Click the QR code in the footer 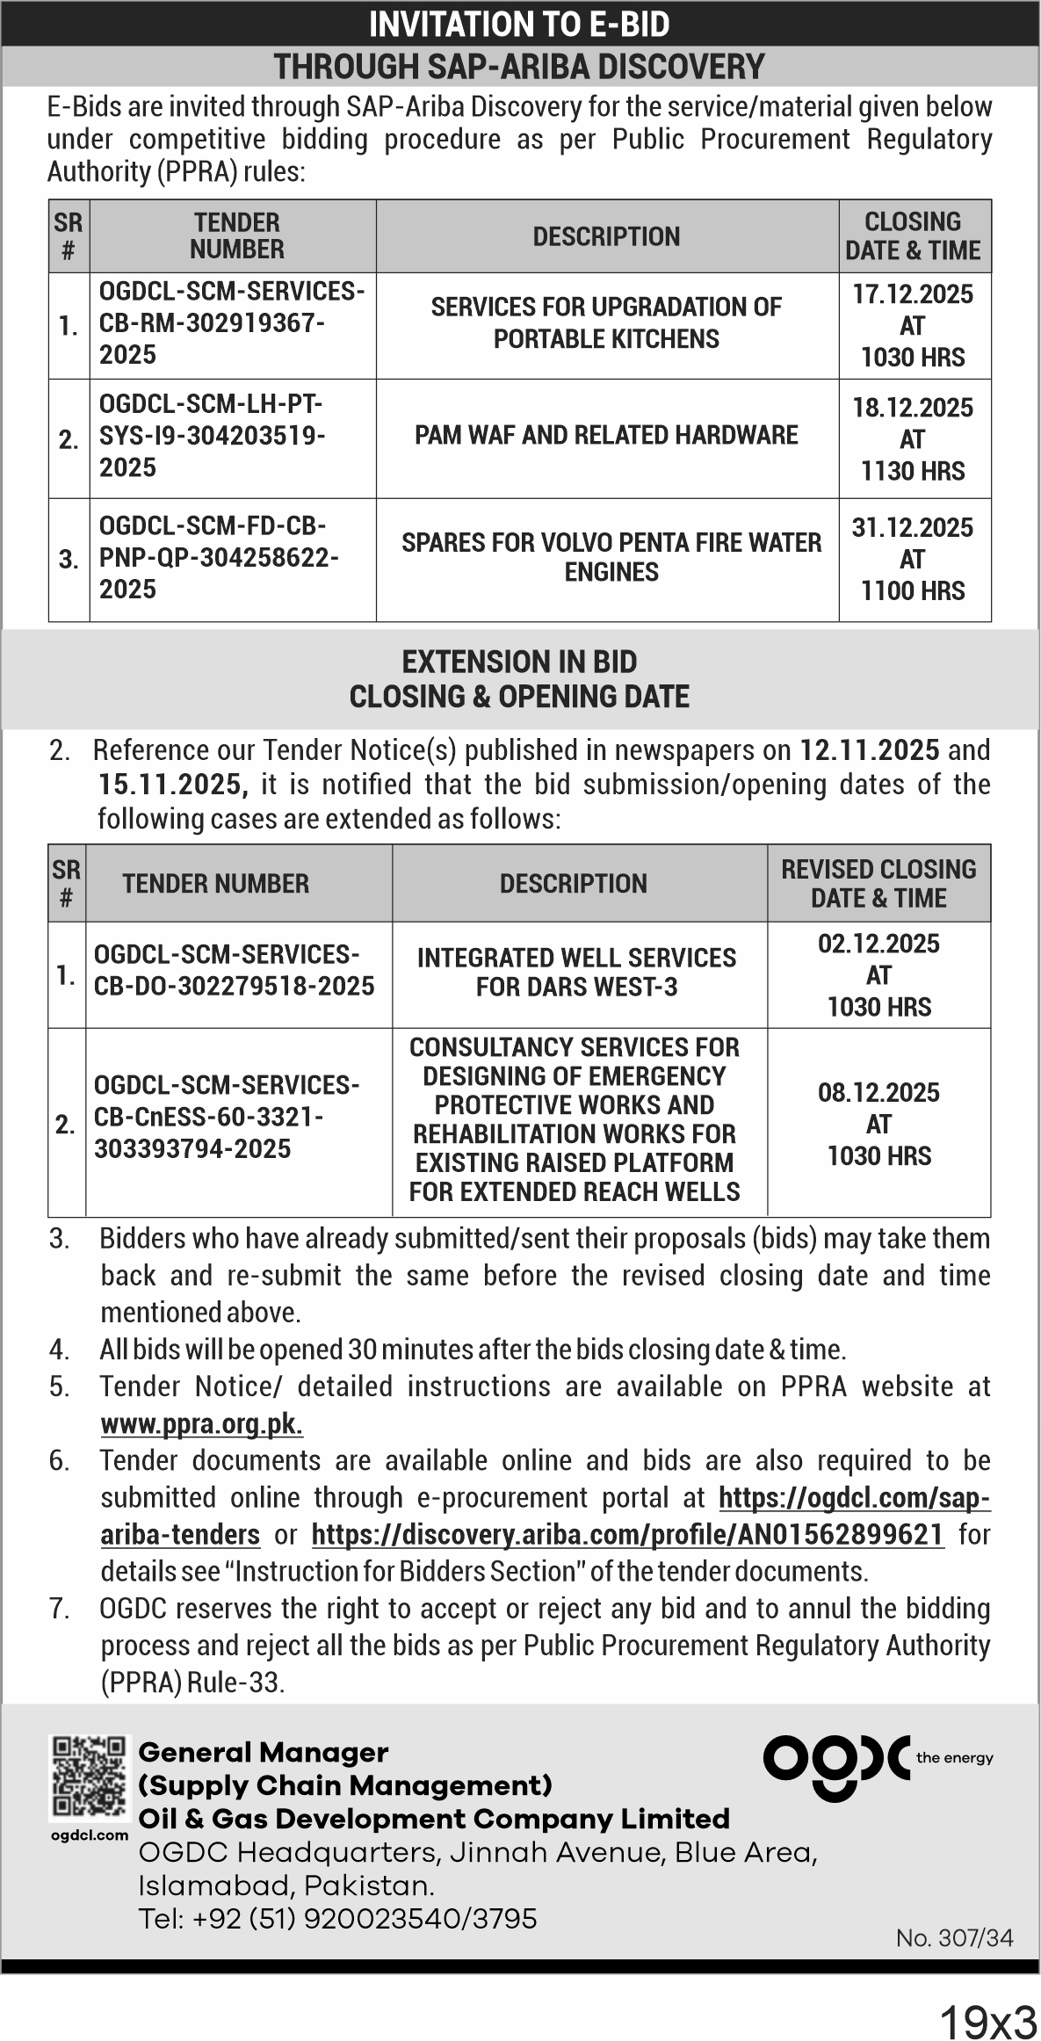pyautogui.click(x=89, y=1777)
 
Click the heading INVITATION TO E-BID pyautogui.click(x=519, y=25)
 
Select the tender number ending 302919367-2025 pyautogui.click(x=232, y=323)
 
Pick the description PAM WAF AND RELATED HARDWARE pyautogui.click(x=606, y=436)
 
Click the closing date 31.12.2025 pyautogui.click(x=913, y=528)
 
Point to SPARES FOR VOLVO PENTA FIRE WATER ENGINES pyautogui.click(x=611, y=557)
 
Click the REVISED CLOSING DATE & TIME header pyautogui.click(x=878, y=883)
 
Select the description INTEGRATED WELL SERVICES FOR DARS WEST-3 pyautogui.click(x=576, y=972)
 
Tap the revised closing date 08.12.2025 pyautogui.click(x=878, y=1093)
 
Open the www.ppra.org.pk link pyautogui.click(x=202, y=1423)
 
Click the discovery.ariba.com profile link pyautogui.click(x=627, y=1534)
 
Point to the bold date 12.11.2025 pyautogui.click(x=870, y=750)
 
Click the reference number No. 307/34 pyautogui.click(x=954, y=1937)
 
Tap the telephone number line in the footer pyautogui.click(x=337, y=1919)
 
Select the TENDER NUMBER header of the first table pyautogui.click(x=236, y=236)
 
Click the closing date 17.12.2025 pyautogui.click(x=913, y=294)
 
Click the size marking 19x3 pyautogui.click(x=988, y=2020)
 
